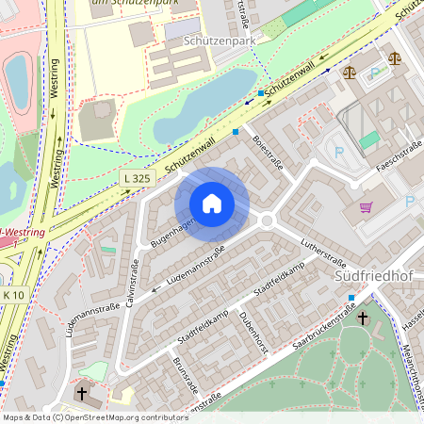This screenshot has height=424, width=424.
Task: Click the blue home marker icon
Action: [212, 203]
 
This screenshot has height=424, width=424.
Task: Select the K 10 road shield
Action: [13, 296]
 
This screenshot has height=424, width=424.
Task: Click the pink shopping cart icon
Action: [365, 207]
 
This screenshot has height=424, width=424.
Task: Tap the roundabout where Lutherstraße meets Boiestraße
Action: [267, 220]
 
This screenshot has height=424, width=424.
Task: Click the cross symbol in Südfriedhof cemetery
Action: [363, 318]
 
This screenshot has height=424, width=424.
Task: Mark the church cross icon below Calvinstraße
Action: [82, 393]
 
